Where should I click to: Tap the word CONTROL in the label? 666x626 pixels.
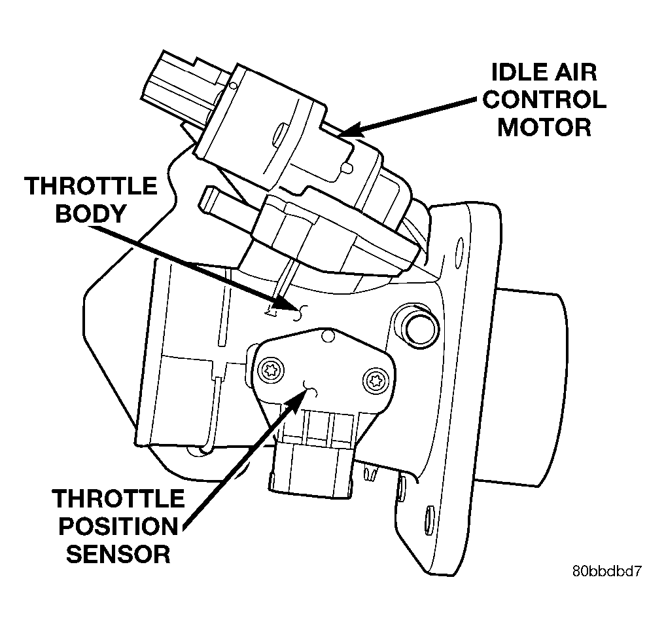click(544, 100)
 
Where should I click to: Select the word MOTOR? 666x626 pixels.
click(544, 127)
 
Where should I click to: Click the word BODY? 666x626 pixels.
click(90, 213)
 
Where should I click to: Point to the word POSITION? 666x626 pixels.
click(118, 526)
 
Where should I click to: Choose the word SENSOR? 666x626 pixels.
click(118, 554)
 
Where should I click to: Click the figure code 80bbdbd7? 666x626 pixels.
click(606, 571)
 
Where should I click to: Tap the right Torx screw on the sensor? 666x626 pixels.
click(375, 380)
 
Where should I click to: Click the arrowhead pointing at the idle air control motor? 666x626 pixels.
click(352, 130)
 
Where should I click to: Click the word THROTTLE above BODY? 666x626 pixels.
click(90, 186)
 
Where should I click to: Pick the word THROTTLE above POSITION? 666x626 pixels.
click(118, 498)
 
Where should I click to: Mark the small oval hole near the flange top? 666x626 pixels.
click(459, 253)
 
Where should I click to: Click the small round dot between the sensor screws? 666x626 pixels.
click(328, 336)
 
